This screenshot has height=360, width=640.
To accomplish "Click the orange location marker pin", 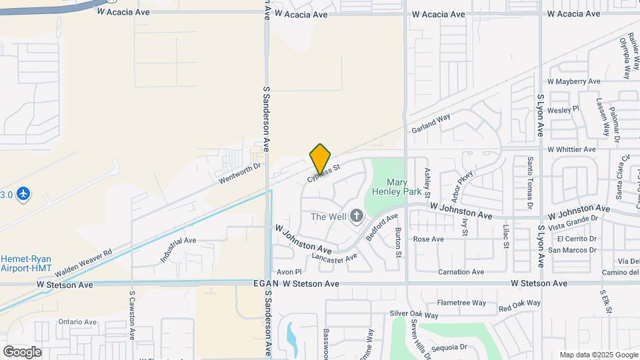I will pos(321,159).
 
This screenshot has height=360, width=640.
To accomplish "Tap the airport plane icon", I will pos(24,194).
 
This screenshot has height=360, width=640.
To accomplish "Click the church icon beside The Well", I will pos(357,215).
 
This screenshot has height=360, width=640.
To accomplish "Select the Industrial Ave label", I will pos(178,249).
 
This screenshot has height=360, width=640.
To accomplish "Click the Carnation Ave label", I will pos(461,272).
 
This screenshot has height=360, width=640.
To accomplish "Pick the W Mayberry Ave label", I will pos(573,81).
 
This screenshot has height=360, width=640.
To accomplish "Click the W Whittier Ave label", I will pos(571,149).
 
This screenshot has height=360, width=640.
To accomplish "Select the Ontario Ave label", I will pos(77,321).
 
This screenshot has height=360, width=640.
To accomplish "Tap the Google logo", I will pos(22,351).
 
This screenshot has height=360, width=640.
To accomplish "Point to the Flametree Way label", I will pos(462,303).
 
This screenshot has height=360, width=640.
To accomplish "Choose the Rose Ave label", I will pos(428,239).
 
